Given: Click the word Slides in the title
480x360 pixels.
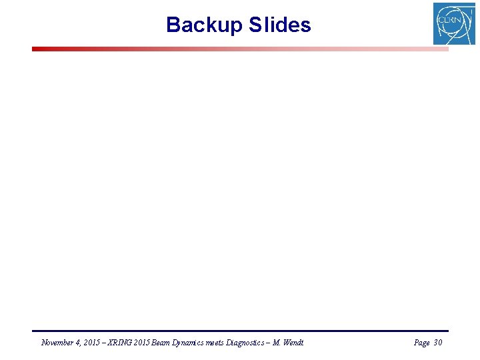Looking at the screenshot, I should (280, 25).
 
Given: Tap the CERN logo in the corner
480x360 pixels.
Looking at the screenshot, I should (454, 24).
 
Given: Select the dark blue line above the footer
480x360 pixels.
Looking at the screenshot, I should (240, 331).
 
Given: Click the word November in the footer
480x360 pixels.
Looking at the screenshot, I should (58, 343).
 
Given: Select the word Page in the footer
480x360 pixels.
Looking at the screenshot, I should (421, 343).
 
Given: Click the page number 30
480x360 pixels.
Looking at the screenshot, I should (437, 343).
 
